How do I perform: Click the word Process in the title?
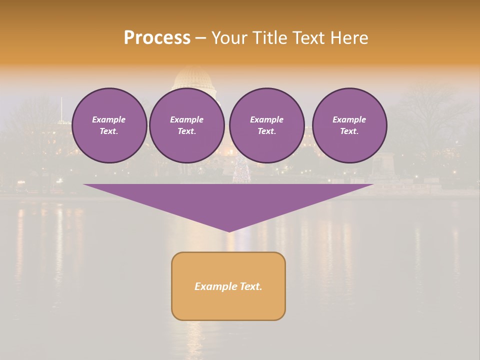tap(157, 38)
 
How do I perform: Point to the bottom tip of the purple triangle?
tap(229, 231)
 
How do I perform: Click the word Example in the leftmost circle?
tap(109, 119)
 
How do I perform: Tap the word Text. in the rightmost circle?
tap(349, 131)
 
